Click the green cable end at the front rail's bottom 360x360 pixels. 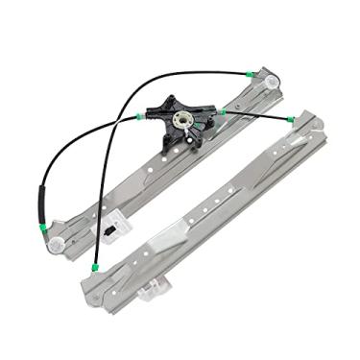[94, 267]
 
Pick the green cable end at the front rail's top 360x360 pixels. [292, 118]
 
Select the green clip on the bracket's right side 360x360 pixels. [221, 112]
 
